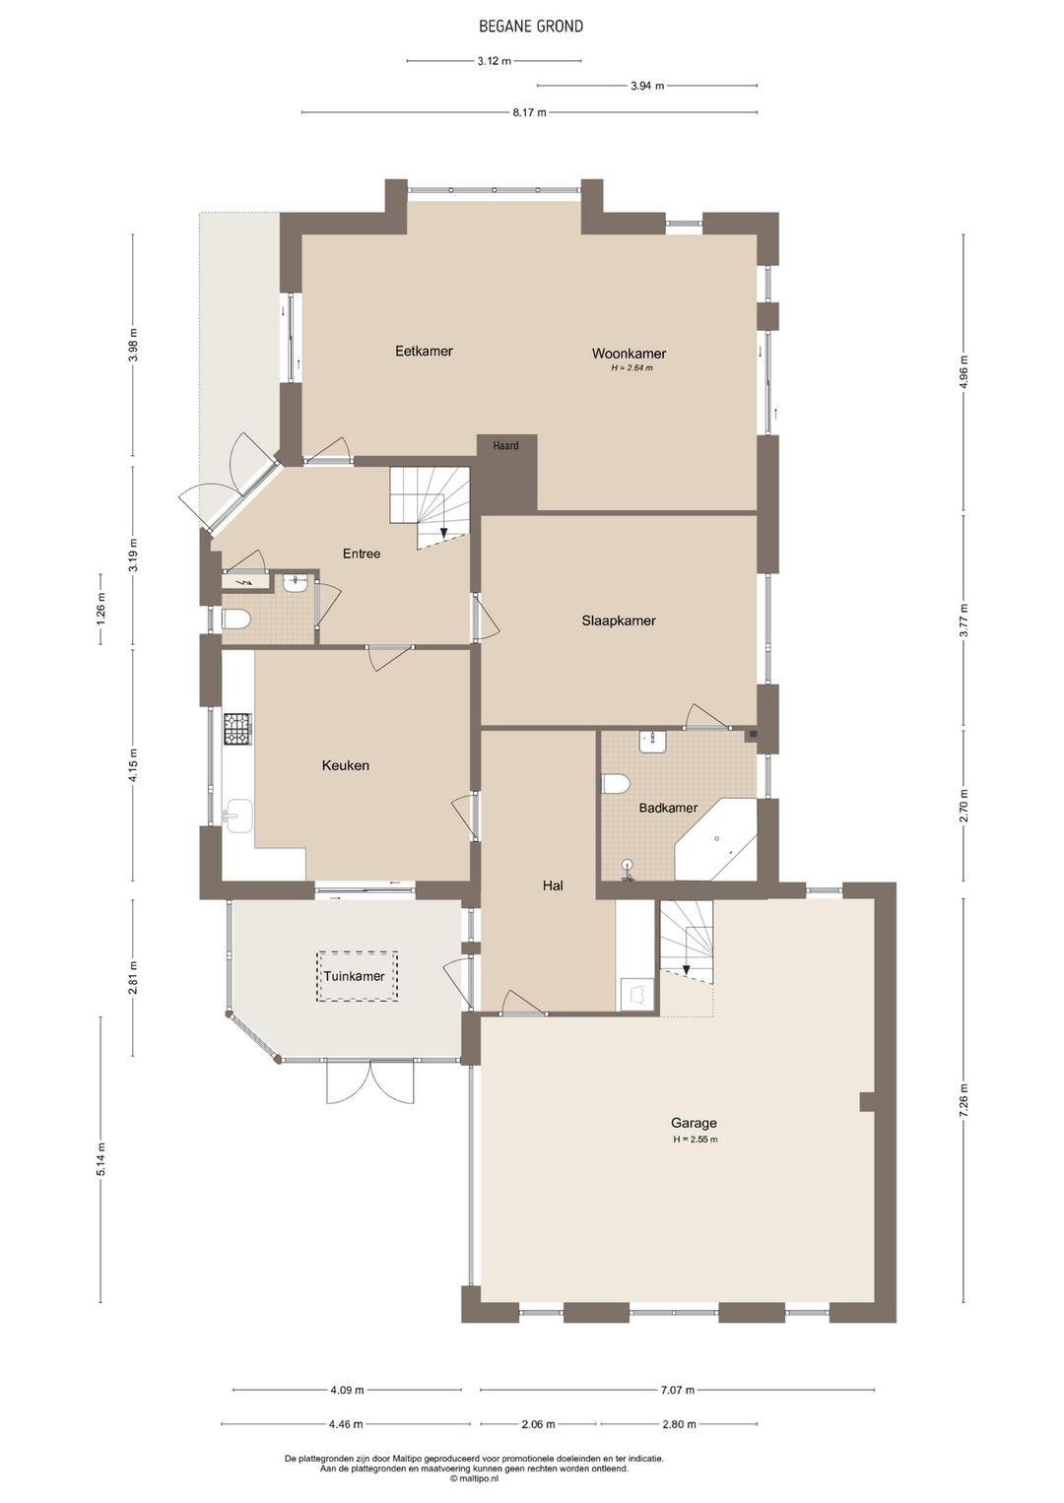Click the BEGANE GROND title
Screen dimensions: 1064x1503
530,27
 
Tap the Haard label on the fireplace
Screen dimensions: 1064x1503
505,445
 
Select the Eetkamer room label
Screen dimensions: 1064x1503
424,351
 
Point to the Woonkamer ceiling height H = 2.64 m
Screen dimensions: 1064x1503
632,367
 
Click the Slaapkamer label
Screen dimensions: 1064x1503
619,621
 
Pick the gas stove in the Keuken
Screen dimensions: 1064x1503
237,728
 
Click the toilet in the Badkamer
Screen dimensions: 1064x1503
616,784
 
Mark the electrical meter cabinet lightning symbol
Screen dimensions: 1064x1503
245,582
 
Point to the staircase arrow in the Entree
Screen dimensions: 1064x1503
443,534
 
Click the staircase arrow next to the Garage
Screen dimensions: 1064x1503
686,970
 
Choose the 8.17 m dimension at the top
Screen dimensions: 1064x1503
529,112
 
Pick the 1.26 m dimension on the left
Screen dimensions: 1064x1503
101,610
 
